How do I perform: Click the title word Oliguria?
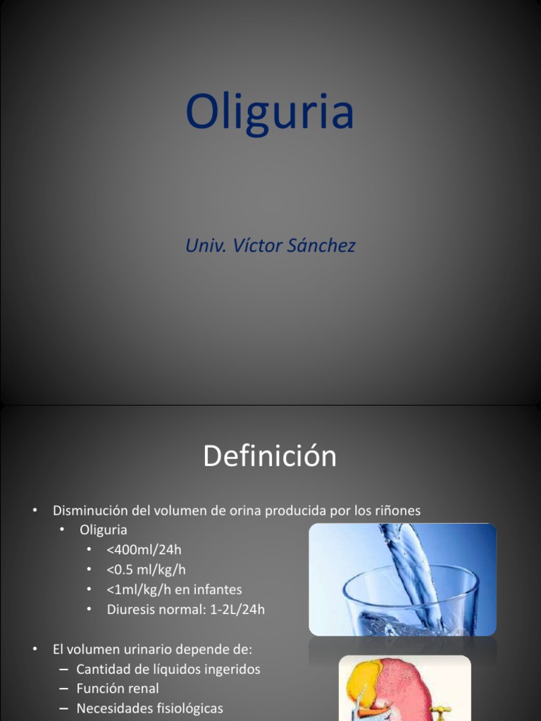coord(270,113)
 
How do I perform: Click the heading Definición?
coord(270,457)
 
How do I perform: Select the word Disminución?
coord(93,510)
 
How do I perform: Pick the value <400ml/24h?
coord(149,549)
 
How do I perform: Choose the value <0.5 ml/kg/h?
coord(147,569)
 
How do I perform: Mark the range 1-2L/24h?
coord(237,609)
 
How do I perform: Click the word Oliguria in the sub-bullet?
coord(104,529)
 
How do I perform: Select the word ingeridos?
coord(229,669)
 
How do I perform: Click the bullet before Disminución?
coord(35,510)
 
